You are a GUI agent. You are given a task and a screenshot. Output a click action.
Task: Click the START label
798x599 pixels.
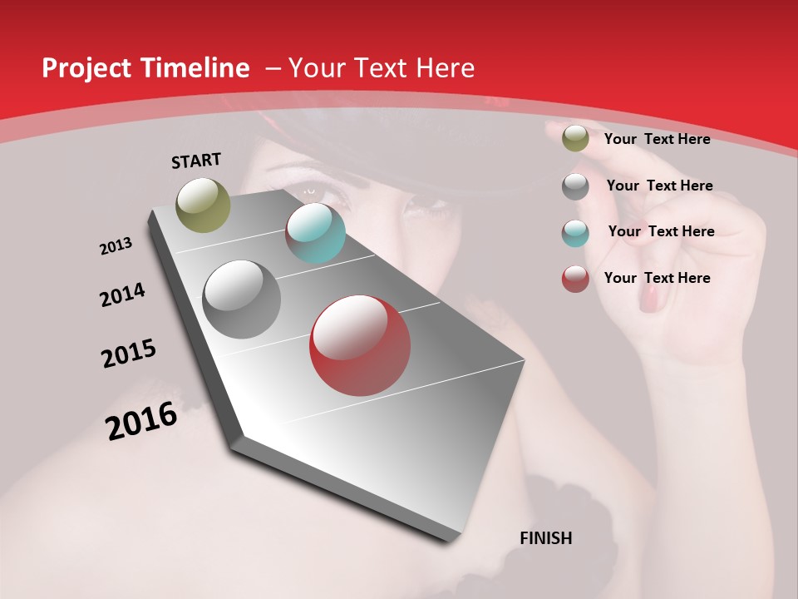point(196,161)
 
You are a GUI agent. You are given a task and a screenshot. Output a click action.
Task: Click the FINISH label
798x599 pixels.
point(545,538)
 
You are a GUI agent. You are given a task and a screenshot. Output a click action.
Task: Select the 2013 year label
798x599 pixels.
point(116,246)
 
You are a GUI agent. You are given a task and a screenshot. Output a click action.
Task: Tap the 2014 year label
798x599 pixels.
point(123,295)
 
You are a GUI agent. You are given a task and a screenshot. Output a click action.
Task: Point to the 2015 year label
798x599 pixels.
point(129,354)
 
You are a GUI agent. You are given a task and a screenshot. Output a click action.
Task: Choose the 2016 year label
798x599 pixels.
point(141,420)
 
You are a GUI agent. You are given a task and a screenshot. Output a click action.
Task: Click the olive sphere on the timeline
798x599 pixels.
point(204,205)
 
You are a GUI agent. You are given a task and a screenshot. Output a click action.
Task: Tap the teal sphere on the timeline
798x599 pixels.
point(315,233)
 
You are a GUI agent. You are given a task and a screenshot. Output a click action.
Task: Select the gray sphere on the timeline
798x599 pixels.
point(242,299)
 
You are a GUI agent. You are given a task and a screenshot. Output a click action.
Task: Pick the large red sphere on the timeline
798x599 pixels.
point(360,345)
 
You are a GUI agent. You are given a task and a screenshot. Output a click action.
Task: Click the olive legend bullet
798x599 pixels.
point(575,139)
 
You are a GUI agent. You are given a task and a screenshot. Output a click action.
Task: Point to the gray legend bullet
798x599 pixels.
point(575,186)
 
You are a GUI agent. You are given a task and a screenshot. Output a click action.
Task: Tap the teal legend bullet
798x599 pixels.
point(575,233)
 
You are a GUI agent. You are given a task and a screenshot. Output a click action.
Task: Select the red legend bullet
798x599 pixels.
point(575,279)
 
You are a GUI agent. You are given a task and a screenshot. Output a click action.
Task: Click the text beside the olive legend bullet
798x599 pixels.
point(657,139)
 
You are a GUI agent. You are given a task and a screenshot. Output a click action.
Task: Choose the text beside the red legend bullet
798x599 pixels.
point(657,278)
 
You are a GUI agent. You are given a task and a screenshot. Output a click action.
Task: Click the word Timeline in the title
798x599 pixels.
point(196,68)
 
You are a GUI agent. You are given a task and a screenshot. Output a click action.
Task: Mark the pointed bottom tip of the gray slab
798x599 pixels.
point(450,538)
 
